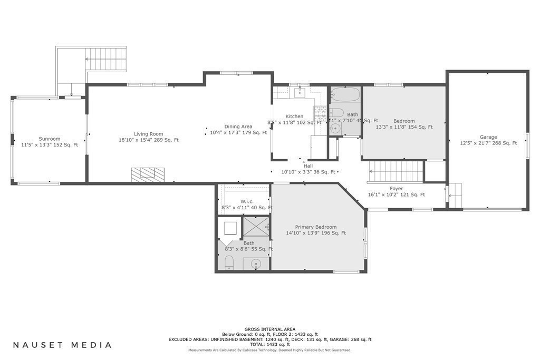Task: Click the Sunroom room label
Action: click(49, 139)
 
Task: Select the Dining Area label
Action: click(238, 127)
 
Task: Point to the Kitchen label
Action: click(294, 116)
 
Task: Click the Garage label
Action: click(488, 137)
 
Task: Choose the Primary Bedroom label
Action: click(315, 227)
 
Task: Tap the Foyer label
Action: click(396, 189)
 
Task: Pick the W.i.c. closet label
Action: click(247, 201)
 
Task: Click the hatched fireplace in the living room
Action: click(148, 174)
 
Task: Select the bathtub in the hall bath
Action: click(345, 94)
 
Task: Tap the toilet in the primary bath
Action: click(229, 262)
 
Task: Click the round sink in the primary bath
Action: click(256, 264)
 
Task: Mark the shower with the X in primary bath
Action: click(256, 227)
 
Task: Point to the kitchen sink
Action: click(300, 93)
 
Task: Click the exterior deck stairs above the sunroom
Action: click(105, 59)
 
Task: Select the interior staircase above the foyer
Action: click(396, 172)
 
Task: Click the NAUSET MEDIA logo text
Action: click(62, 345)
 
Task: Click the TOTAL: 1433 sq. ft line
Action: click(269, 344)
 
